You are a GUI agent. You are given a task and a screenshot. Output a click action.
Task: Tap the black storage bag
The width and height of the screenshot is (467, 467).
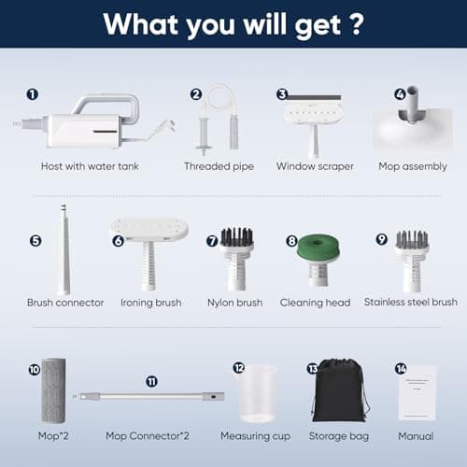tap(341, 391)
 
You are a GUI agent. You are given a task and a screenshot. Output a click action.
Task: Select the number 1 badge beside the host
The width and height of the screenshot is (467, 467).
tap(33, 94)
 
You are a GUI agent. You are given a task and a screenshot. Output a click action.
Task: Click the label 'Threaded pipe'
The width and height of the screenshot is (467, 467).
tap(219, 166)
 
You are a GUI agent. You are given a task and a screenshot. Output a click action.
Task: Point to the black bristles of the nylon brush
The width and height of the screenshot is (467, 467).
tap(237, 236)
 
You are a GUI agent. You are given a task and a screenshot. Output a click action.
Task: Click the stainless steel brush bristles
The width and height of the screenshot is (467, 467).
tap(412, 239)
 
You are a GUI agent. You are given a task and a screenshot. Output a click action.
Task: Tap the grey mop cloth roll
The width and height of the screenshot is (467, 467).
tap(53, 390)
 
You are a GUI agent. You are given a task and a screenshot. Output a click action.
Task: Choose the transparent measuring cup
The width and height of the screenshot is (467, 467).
tap(258, 393)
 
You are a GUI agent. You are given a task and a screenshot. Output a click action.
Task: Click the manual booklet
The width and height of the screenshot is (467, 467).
tap(417, 393)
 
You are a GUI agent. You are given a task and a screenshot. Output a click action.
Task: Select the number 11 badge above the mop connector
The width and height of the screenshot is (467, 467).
tap(151, 381)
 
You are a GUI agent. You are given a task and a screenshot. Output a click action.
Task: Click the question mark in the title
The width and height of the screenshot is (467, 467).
tap(356, 23)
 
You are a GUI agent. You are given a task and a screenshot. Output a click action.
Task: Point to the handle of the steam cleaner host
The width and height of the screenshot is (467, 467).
tap(106, 99)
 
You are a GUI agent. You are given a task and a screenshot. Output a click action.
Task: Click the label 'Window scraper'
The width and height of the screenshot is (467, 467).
tap(315, 166)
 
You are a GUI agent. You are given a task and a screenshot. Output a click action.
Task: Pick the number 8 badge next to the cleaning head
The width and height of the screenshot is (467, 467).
tap(291, 241)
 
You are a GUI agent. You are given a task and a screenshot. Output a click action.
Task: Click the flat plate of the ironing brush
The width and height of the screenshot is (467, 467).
tap(150, 228)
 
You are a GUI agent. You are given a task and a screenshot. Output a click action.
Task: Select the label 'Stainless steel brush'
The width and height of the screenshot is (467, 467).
tap(411, 302)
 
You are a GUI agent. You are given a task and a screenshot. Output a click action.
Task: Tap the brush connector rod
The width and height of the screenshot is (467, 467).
tap(64, 249)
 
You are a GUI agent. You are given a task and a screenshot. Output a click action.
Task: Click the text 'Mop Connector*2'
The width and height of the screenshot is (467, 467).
tap(148, 436)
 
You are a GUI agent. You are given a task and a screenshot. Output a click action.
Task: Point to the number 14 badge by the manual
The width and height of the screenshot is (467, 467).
tap(401, 369)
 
